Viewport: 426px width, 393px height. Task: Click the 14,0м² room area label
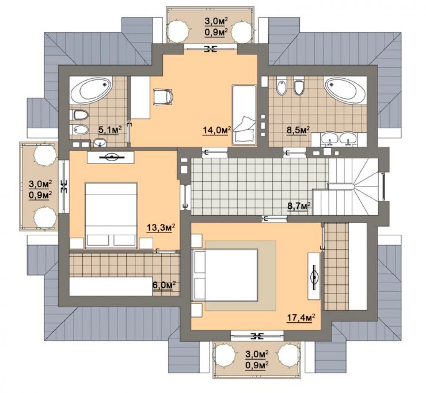tap(217, 130)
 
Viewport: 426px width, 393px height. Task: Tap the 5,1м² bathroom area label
tap(110, 130)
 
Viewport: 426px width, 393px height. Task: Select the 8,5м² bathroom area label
tap(298, 130)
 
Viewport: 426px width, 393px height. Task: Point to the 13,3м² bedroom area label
tap(160, 228)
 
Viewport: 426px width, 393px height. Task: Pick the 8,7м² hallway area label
tap(299, 206)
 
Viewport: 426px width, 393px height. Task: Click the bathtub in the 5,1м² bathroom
tap(91, 90)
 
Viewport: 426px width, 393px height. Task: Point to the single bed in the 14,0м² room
tap(244, 115)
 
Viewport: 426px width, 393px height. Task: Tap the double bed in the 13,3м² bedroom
tap(111, 216)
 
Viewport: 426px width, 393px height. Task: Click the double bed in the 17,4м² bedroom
tap(225, 276)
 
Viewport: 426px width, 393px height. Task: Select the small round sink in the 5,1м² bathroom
tap(100, 142)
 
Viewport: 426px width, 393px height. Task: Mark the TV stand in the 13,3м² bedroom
tap(110, 157)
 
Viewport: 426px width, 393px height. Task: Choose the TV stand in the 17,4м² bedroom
tap(314, 277)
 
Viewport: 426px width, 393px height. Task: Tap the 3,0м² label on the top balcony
tap(216, 21)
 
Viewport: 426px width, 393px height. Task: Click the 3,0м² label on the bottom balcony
tap(257, 354)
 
